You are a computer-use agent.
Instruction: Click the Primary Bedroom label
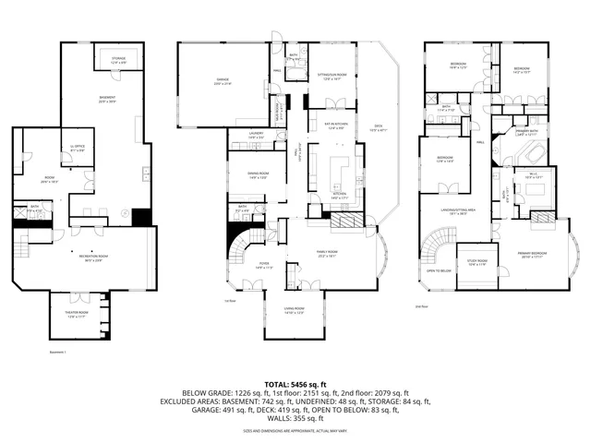pyautogui.click(x=534, y=257)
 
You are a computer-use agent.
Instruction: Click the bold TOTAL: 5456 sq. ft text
pyautogui.click(x=295, y=383)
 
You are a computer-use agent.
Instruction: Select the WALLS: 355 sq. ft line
pyautogui.click(x=295, y=418)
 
